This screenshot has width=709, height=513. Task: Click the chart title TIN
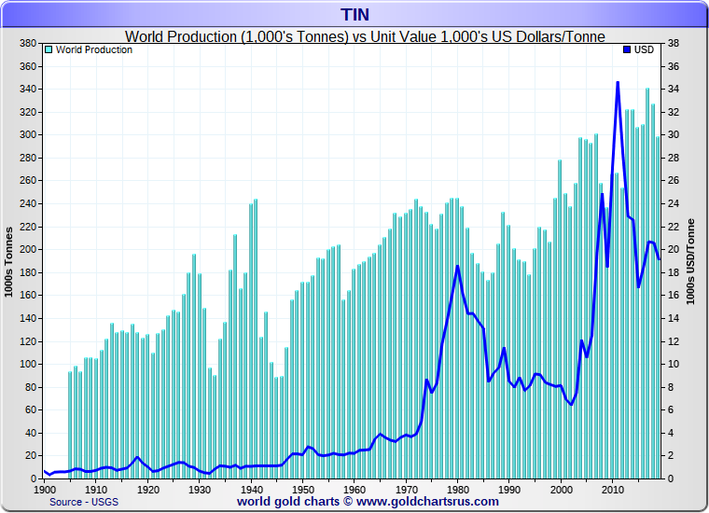coord(354,15)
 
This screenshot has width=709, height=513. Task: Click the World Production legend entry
coord(93,49)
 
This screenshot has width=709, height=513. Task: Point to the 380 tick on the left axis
coord(27,44)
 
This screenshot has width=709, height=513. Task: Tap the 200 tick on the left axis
coord(27,249)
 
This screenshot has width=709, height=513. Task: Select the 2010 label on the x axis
coord(612,489)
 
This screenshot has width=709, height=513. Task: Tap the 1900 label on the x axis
coord(45,489)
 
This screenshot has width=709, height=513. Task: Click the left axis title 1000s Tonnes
coord(8,261)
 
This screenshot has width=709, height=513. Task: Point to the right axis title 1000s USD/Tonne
coord(691,261)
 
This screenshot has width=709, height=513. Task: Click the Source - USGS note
coord(84,502)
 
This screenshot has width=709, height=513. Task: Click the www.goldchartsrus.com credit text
coord(426,502)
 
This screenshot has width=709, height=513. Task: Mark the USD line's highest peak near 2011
coord(618,83)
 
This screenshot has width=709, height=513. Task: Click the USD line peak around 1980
coord(457,267)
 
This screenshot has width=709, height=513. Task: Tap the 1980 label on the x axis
coord(457,489)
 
